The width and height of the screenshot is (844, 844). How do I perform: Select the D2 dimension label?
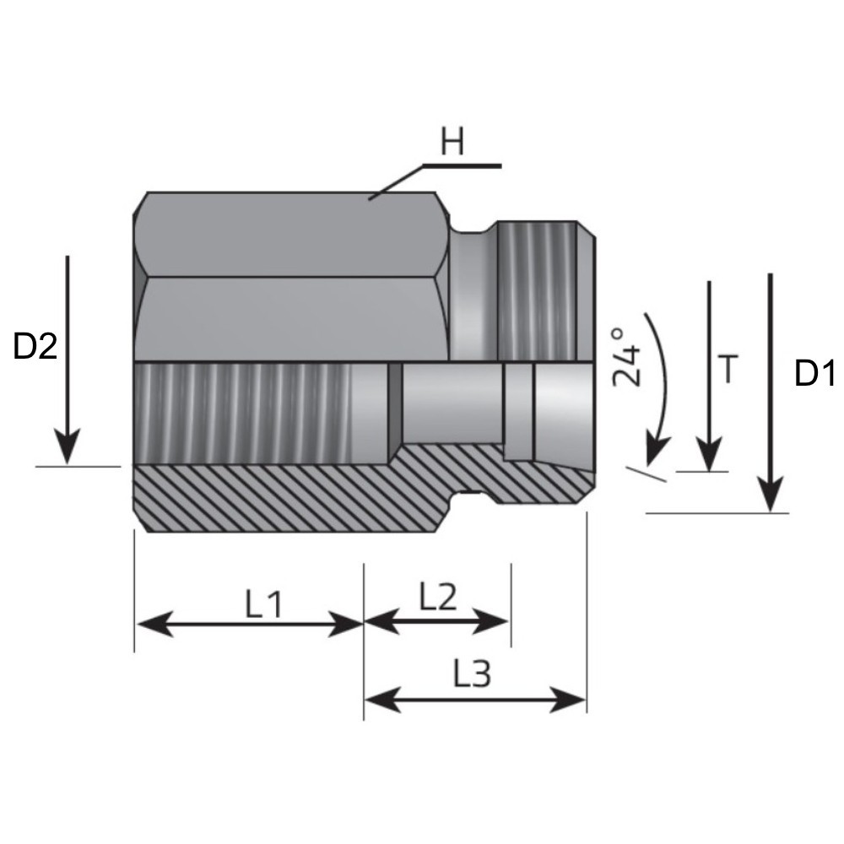pos(35,347)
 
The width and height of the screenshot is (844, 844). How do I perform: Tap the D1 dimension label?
pos(815,373)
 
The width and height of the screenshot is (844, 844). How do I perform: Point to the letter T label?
pos(728,369)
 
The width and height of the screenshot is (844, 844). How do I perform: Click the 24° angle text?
pos(626,356)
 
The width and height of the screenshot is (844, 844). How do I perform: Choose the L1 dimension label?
pos(263,604)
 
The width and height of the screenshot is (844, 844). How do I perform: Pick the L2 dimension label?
pos(438,598)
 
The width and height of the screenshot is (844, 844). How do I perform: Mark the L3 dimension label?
pos(472,674)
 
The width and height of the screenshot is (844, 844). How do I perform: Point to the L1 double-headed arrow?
pos(249,625)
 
